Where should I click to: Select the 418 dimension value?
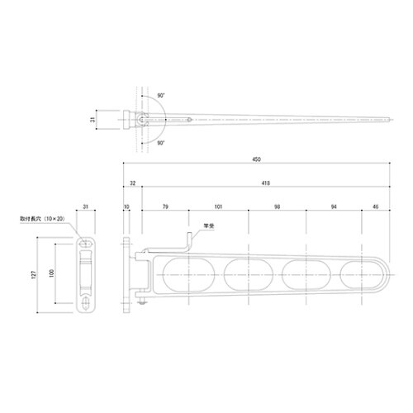tap(263, 183)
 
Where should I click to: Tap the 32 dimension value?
tap(132, 183)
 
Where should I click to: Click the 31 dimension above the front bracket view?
tap(86, 207)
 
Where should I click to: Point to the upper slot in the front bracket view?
tap(86, 245)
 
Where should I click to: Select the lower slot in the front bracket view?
tap(86, 303)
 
